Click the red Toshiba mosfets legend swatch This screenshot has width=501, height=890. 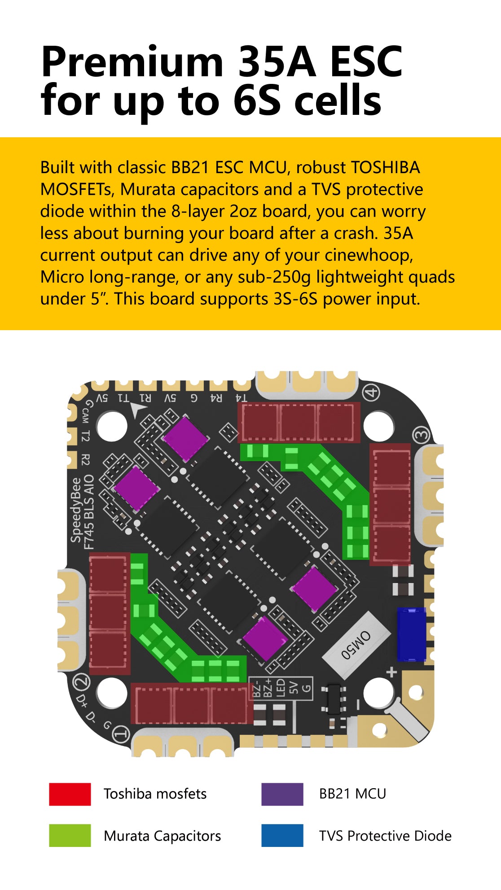[x=70, y=794]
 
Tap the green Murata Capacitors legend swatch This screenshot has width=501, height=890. [x=70, y=835]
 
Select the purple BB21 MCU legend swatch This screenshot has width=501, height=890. [x=282, y=794]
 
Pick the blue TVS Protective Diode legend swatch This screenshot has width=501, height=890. [x=282, y=835]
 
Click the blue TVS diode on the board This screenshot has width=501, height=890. [x=411, y=634]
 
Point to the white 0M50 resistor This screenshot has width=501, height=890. [x=356, y=645]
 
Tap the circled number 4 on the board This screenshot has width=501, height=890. [x=371, y=393]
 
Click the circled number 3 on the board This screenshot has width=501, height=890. [x=422, y=435]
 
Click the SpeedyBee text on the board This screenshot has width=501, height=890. [x=76, y=510]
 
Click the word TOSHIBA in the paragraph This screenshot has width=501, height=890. [x=386, y=167]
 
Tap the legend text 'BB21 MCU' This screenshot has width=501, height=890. [x=353, y=794]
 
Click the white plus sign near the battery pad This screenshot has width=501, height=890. [x=392, y=672]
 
